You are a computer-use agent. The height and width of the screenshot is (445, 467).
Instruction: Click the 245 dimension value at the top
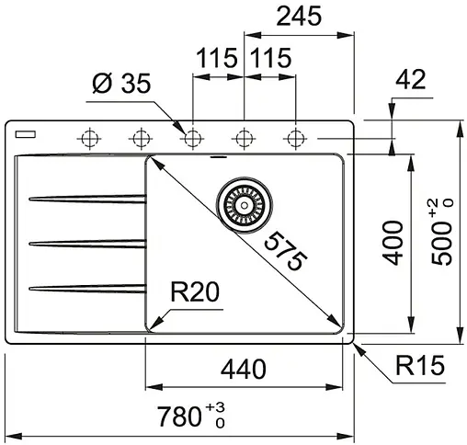297,16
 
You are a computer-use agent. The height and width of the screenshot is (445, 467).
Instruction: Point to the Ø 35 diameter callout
122,87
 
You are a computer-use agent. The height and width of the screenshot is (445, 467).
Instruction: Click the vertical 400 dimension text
393,243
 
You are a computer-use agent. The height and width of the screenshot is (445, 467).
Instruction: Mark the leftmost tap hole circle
89,139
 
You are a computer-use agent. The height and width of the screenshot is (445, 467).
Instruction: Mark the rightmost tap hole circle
295,139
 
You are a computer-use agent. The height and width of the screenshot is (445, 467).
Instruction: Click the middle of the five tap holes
192,139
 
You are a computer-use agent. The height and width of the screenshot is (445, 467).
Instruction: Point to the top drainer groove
87,197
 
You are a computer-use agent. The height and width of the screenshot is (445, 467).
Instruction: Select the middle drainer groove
87,243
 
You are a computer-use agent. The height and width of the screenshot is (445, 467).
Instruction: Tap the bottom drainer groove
87,288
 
